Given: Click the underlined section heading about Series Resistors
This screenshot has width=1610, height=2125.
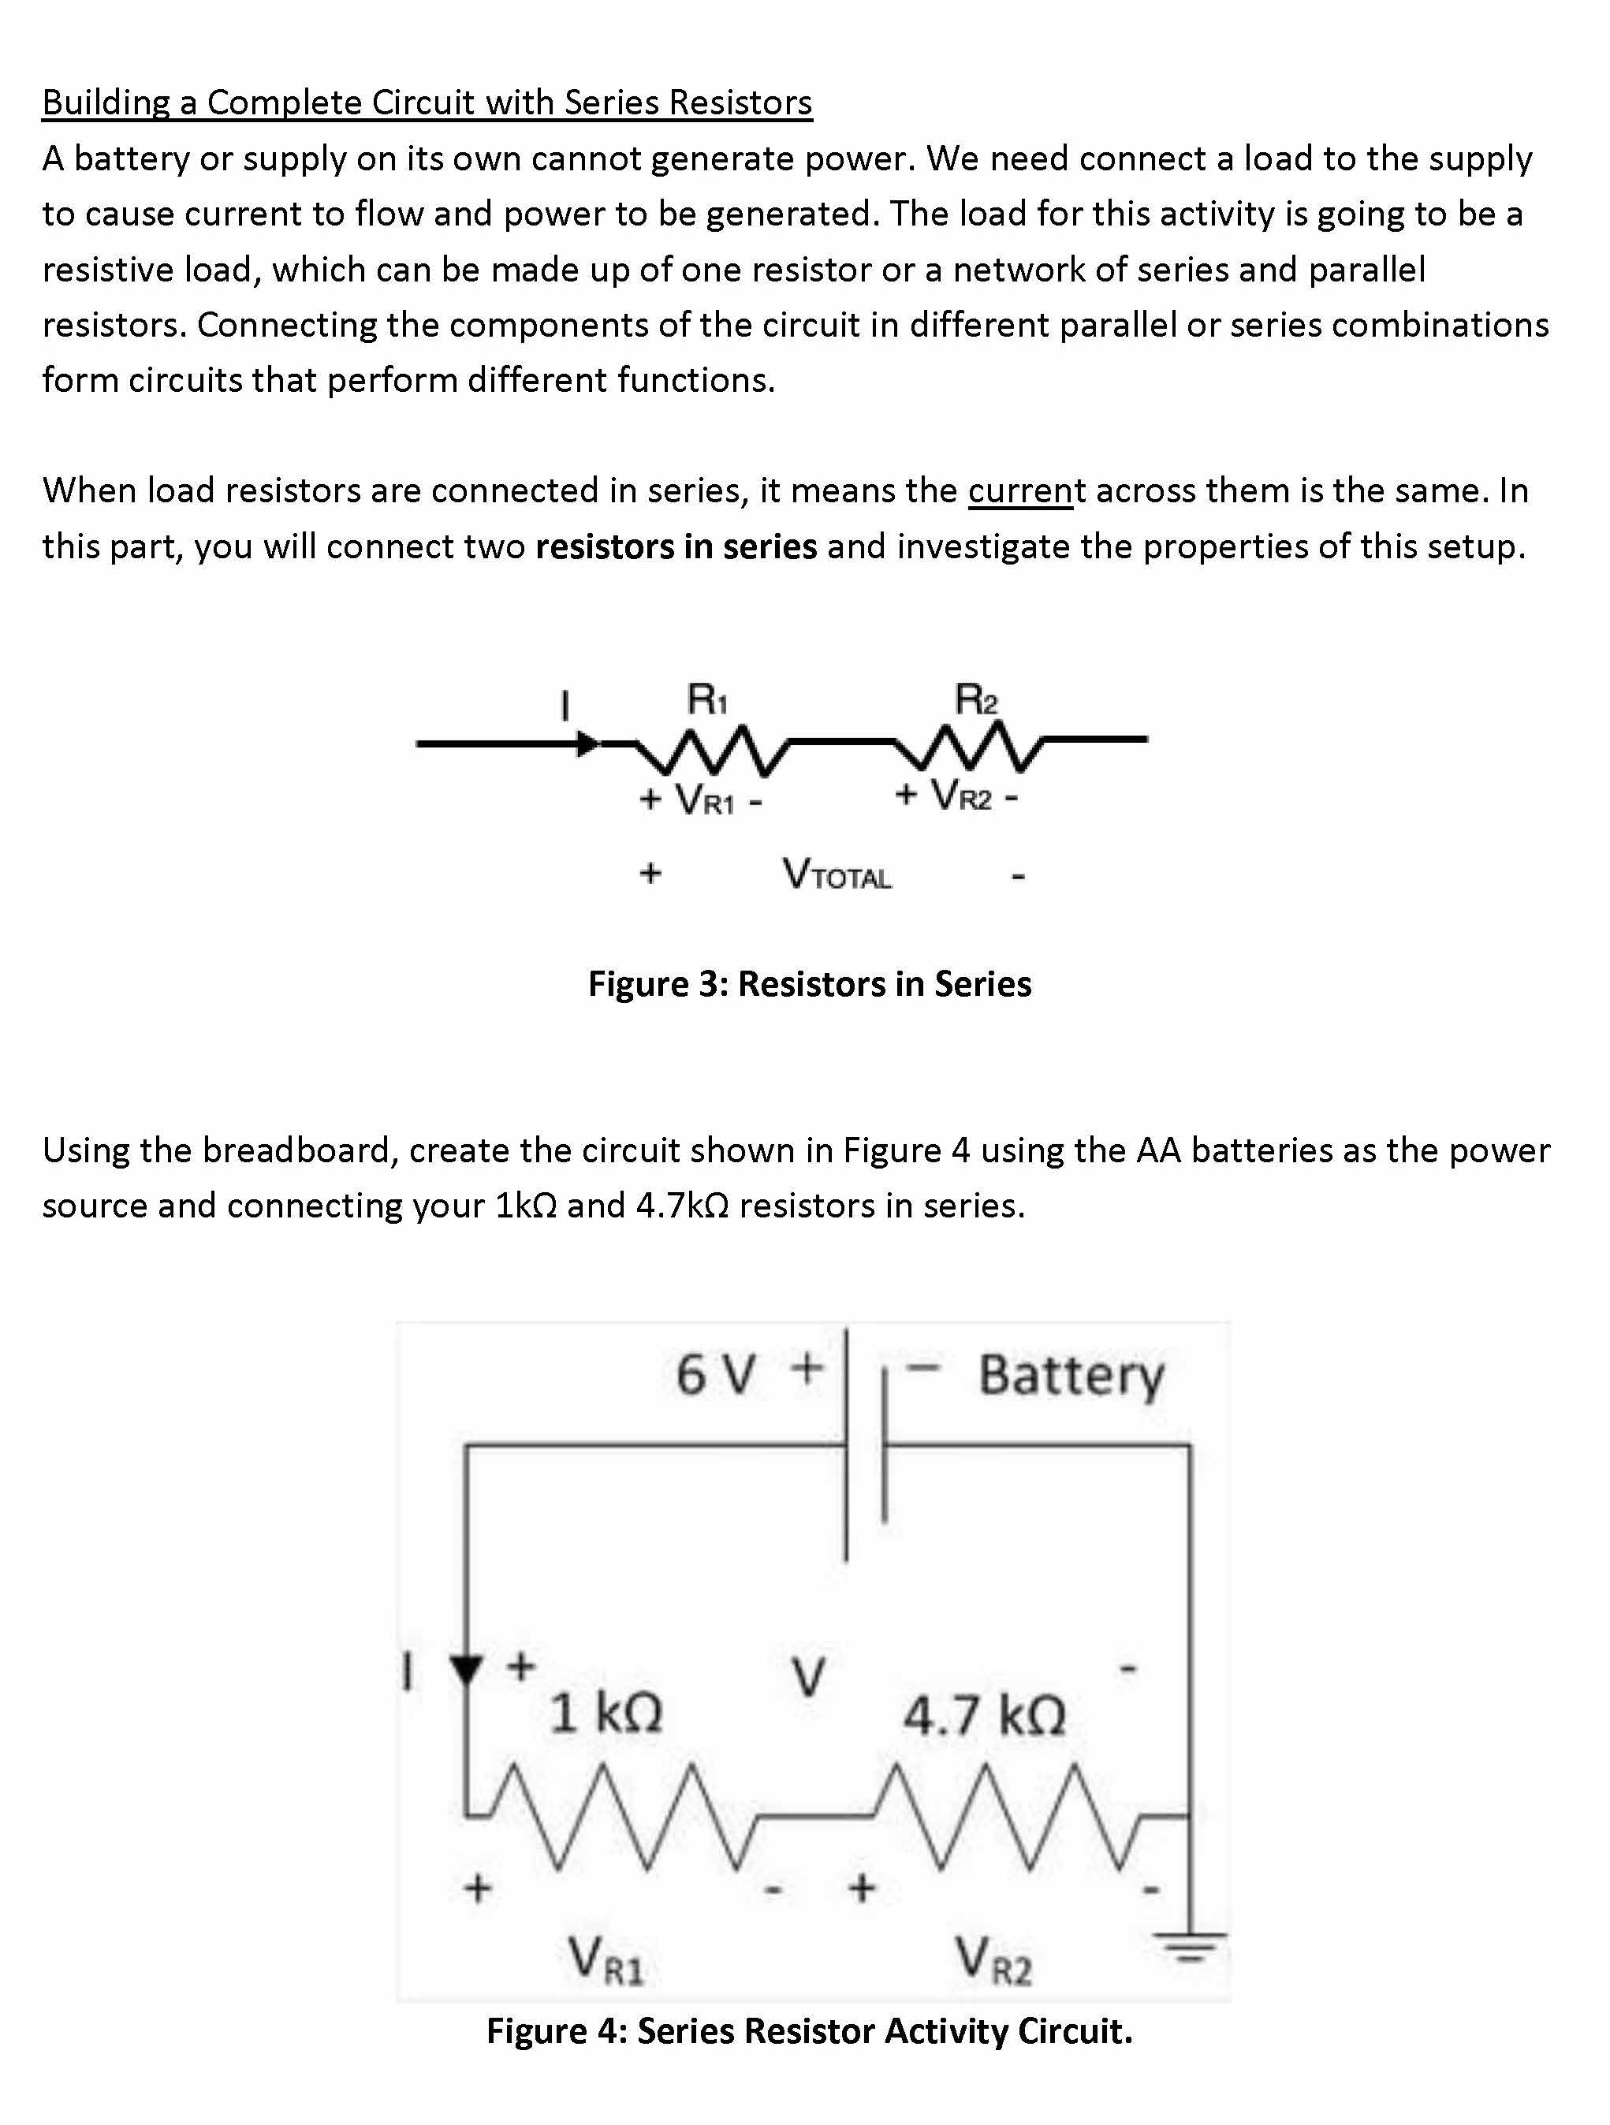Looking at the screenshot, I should click(x=427, y=102).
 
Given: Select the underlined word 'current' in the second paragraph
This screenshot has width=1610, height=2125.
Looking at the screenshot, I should click(x=1019, y=491).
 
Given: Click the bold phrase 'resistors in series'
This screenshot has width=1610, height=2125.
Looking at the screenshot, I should click(x=676, y=546).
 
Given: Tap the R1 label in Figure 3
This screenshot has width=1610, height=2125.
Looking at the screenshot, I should click(x=707, y=699).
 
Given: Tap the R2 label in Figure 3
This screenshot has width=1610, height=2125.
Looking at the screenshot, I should click(x=976, y=699).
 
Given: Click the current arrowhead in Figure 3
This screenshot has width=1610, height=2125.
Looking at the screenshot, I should click(x=587, y=744).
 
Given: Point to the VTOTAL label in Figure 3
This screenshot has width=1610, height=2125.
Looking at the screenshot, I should click(x=837, y=875).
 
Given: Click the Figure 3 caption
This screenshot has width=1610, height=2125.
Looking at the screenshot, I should click(x=809, y=984).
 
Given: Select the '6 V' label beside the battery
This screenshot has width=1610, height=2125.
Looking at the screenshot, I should click(x=716, y=1374).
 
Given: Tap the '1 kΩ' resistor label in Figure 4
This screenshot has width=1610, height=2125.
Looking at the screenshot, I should click(x=606, y=1713).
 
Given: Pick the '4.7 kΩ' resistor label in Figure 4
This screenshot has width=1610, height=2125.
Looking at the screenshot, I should click(x=984, y=1715).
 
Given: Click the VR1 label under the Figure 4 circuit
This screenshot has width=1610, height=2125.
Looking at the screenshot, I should click(x=606, y=1959).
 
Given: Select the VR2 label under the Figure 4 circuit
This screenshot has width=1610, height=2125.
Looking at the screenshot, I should click(x=993, y=1959).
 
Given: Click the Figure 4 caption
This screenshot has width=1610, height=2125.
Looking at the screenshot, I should click(x=809, y=2031).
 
